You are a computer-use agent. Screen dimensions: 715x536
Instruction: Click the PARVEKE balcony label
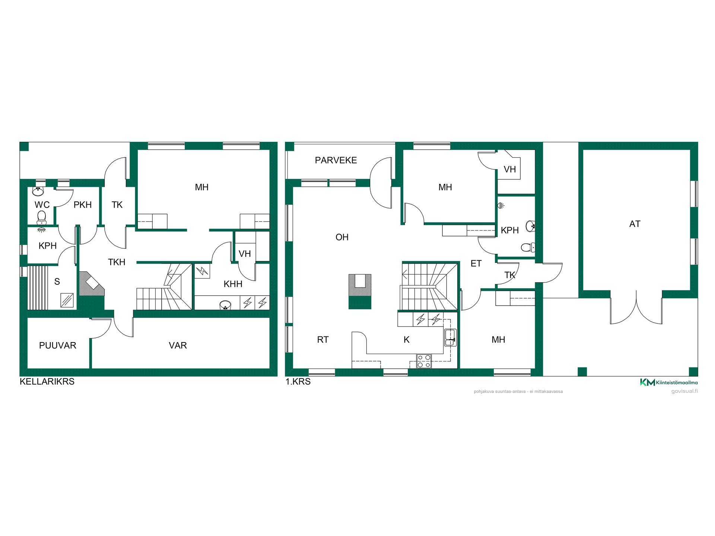click(x=336, y=160)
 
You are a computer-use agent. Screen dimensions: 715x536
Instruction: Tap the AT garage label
click(x=635, y=224)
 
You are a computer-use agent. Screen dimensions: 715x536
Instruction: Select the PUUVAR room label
click(x=58, y=345)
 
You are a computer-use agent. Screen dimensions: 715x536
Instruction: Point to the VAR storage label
click(x=178, y=345)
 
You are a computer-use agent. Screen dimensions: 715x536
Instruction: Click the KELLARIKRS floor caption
click(x=47, y=382)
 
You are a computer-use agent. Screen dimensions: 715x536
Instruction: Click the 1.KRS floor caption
click(x=298, y=382)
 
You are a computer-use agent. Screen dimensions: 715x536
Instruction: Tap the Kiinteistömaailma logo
click(x=669, y=382)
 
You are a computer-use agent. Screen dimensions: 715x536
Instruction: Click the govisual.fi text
click(x=684, y=391)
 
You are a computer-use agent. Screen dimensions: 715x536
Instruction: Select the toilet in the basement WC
click(x=42, y=218)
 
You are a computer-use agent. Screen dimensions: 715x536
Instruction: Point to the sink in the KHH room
click(x=225, y=305)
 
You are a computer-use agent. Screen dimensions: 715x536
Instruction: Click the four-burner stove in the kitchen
click(x=424, y=361)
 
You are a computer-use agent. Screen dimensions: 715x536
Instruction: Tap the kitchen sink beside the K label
click(x=450, y=337)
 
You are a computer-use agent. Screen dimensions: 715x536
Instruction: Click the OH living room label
click(x=342, y=237)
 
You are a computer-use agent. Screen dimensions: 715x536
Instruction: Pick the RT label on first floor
click(x=323, y=339)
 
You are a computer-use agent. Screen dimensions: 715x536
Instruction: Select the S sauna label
click(x=57, y=282)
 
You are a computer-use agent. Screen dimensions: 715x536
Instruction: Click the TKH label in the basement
click(x=117, y=262)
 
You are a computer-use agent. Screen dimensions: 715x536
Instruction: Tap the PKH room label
click(x=83, y=205)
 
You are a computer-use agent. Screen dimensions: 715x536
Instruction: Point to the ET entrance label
click(x=476, y=264)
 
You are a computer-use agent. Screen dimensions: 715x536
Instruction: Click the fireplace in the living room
click(x=360, y=291)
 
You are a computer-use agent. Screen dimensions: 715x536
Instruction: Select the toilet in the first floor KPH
click(x=528, y=247)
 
